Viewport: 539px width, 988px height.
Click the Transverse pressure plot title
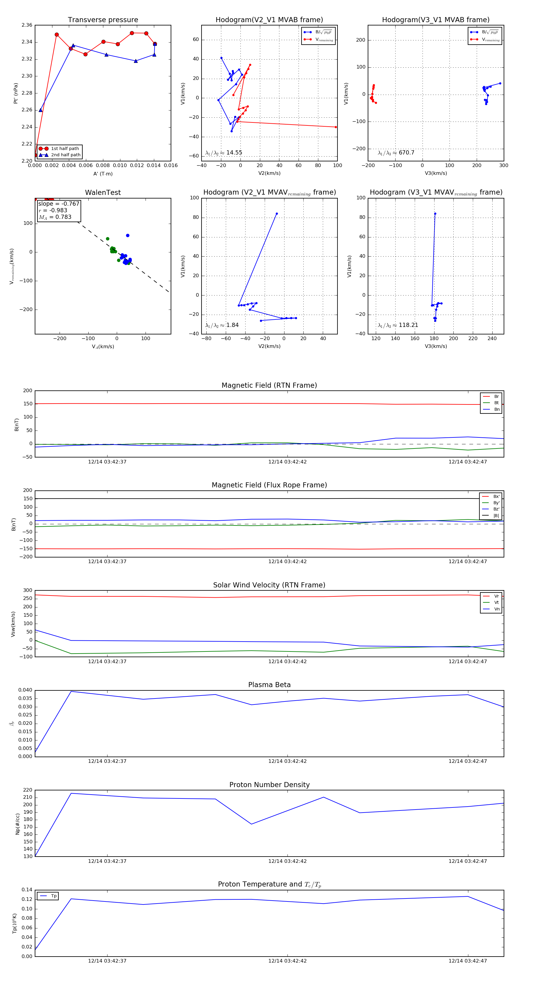tap(103, 20)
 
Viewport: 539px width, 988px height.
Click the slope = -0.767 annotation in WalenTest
tap(58, 204)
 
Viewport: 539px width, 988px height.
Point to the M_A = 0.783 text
tap(55, 217)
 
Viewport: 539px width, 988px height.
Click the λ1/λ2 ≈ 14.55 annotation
tap(224, 153)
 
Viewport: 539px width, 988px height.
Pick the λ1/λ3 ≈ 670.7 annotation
tap(396, 153)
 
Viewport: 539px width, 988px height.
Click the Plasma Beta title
tap(269, 685)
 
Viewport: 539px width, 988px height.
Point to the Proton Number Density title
tap(269, 785)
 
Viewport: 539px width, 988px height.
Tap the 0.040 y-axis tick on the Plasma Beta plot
tap(25, 690)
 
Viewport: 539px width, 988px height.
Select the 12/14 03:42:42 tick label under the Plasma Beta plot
tap(287, 761)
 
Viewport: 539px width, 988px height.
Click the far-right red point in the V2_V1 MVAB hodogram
tap(336, 127)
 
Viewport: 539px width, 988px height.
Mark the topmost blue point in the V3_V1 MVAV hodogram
tap(435, 214)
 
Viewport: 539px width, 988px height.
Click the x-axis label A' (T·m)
tap(103, 174)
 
